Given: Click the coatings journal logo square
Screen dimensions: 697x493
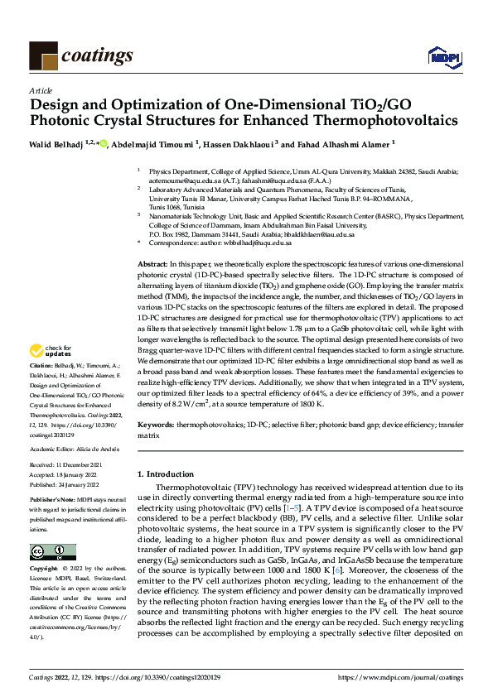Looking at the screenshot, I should click(43, 55).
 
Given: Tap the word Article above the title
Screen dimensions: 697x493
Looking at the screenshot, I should click(40, 90).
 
